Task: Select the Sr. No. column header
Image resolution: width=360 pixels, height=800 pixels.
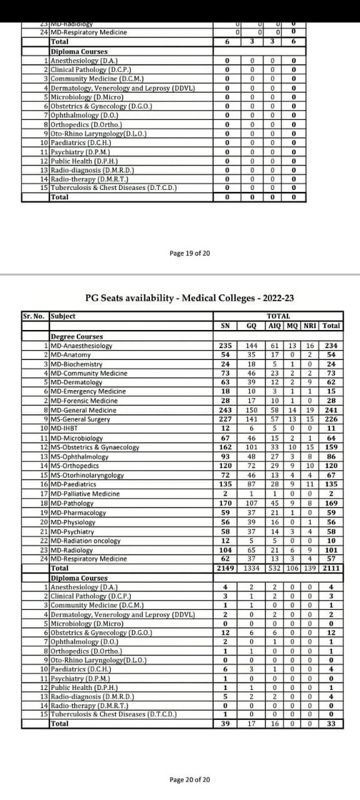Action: [33, 316]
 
